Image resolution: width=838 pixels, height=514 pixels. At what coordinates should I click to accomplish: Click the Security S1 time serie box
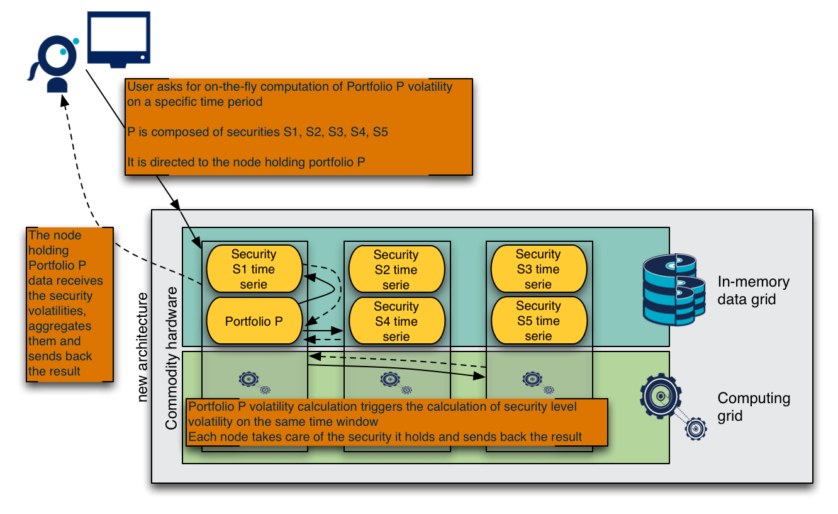pyautogui.click(x=254, y=270)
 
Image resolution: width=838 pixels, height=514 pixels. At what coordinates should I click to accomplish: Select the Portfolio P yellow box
pyautogui.click(x=254, y=321)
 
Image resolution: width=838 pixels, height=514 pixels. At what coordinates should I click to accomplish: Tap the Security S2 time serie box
pyautogui.click(x=396, y=270)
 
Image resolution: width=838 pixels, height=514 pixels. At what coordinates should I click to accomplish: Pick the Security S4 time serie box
pyautogui.click(x=396, y=321)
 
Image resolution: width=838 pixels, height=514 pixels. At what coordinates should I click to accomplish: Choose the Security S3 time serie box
pyautogui.click(x=538, y=270)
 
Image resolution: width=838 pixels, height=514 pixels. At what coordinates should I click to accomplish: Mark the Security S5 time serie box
pyautogui.click(x=538, y=321)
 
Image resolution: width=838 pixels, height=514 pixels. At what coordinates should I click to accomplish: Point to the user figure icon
pyautogui.click(x=56, y=63)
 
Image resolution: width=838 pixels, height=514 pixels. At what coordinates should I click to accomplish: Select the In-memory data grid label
pyautogui.click(x=753, y=290)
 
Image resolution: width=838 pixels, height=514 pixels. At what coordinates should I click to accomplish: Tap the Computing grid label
pyautogui.click(x=754, y=407)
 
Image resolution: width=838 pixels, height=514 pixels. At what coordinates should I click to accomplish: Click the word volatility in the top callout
pyautogui.click(x=430, y=87)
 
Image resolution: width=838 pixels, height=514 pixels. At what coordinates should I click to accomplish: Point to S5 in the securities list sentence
pyautogui.click(x=381, y=132)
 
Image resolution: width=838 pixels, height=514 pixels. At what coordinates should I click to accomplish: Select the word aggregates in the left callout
pyautogui.click(x=60, y=326)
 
